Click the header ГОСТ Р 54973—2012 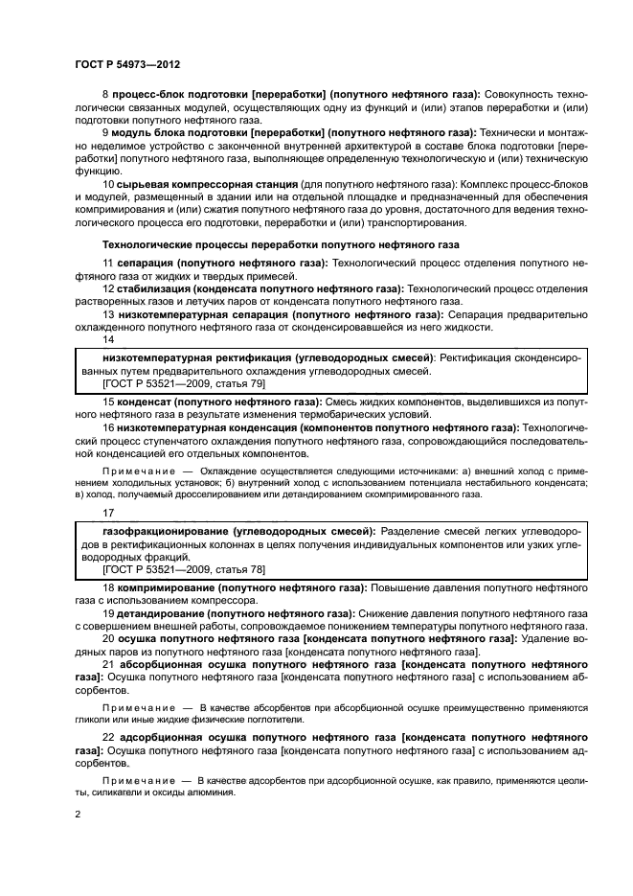coord(128,62)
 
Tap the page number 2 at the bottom coord(79,815)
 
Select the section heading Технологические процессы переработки coord(281,244)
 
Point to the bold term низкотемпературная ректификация coord(197,356)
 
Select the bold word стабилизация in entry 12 coord(151,288)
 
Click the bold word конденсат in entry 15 coord(146,400)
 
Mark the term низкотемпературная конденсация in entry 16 coord(205,426)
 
